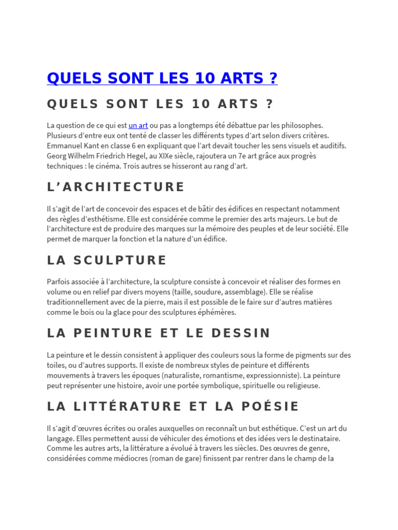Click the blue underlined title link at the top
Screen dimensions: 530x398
point(162,78)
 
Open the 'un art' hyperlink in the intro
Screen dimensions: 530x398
point(138,125)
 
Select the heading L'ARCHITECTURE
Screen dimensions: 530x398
point(116,187)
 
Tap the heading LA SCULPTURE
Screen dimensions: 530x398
point(107,260)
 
